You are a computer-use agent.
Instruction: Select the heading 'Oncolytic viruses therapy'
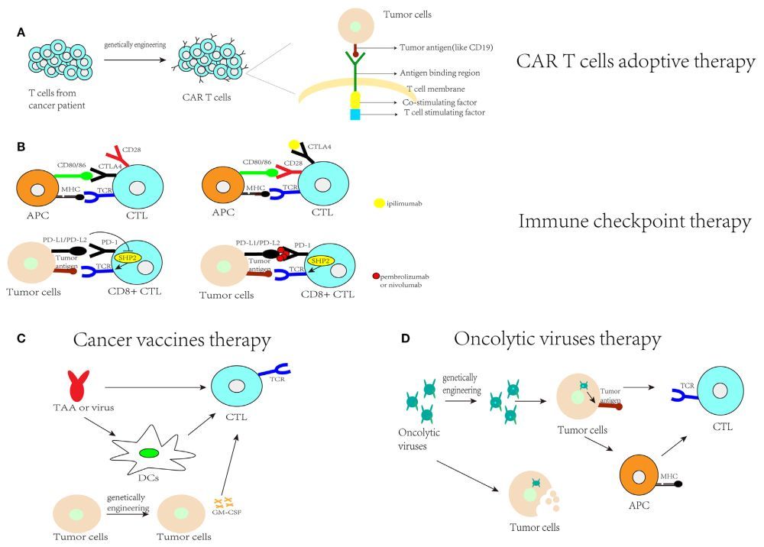tap(557, 338)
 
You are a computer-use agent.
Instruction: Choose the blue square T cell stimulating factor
tap(355, 114)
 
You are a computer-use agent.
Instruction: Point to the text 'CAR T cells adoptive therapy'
tap(635, 62)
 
